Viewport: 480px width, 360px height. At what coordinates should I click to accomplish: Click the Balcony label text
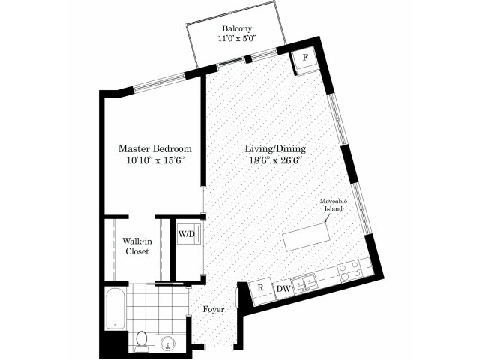pyautogui.click(x=237, y=28)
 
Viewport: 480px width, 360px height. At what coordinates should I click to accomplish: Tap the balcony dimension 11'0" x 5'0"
pyautogui.click(x=237, y=38)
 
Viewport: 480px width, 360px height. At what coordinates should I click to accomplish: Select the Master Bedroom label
pyautogui.click(x=155, y=149)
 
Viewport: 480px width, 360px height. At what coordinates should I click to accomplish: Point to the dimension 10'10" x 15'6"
pyautogui.click(x=155, y=160)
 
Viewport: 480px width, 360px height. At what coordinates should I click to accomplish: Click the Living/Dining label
pyautogui.click(x=275, y=149)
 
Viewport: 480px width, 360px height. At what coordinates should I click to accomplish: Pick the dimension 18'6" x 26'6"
pyautogui.click(x=275, y=160)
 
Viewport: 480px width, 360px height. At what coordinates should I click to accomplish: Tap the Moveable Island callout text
pyautogui.click(x=334, y=205)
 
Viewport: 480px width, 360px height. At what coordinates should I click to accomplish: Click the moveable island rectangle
pyautogui.click(x=307, y=237)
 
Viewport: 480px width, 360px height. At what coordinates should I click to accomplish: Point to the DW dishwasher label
pyautogui.click(x=283, y=289)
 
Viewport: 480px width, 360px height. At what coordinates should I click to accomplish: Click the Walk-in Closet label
pyautogui.click(x=137, y=246)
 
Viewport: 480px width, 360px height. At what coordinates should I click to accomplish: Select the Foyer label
pyautogui.click(x=214, y=309)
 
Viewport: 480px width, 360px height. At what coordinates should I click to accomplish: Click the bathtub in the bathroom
pyautogui.click(x=115, y=309)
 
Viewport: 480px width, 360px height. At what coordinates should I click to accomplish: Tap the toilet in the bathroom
pyautogui.click(x=142, y=340)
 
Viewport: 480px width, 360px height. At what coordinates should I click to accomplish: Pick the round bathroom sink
pyautogui.click(x=168, y=343)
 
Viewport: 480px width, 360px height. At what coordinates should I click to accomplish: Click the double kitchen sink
pyautogui.click(x=304, y=282)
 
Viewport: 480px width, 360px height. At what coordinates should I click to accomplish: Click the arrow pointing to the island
pyautogui.click(x=327, y=217)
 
